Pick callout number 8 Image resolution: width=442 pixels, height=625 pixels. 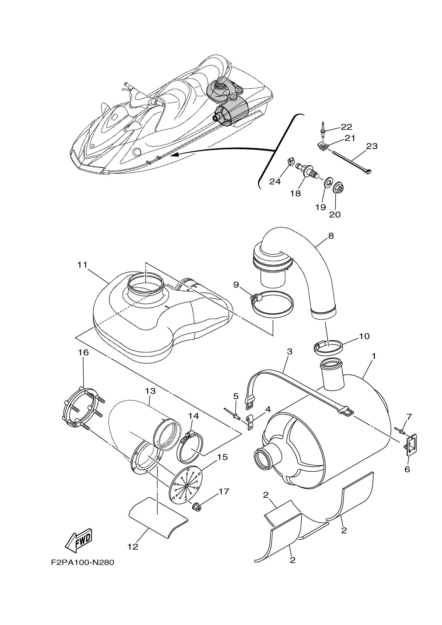(331, 235)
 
